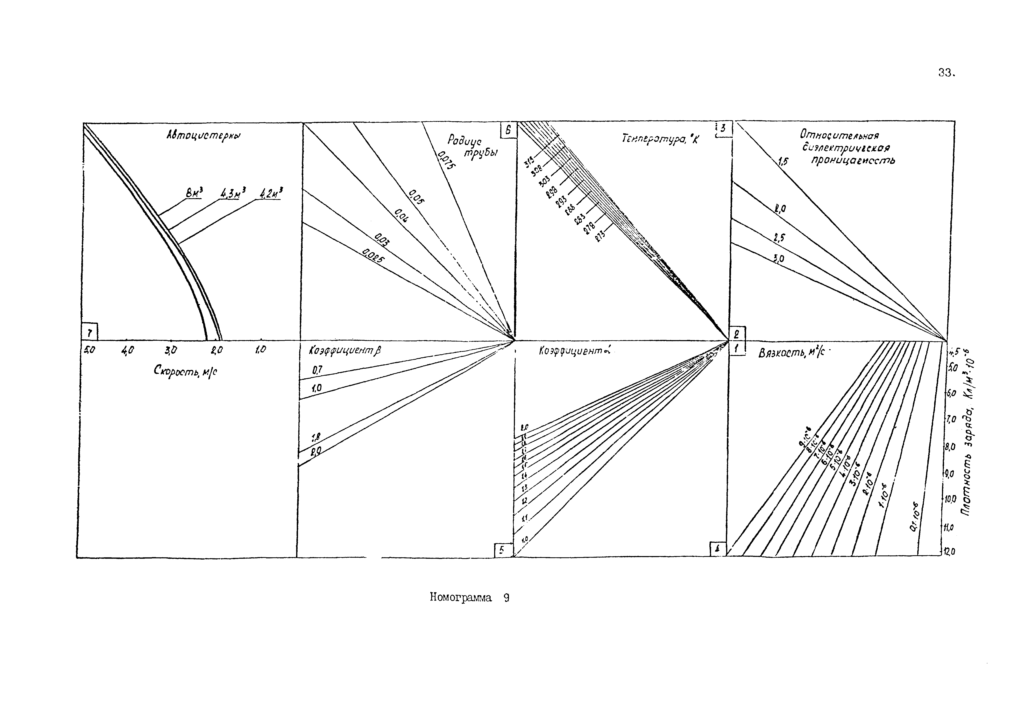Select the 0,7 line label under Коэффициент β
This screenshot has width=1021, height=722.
coord(317,369)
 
